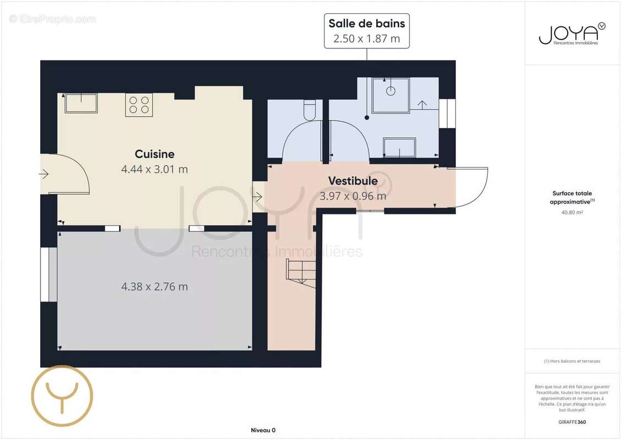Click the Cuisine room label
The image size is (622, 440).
(x=155, y=154)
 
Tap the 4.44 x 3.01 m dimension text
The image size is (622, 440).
(x=155, y=169)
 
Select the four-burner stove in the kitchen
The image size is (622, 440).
(x=139, y=105)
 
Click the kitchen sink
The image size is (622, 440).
(x=81, y=103)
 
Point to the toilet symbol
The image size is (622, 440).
(x=310, y=109)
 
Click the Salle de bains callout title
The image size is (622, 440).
(x=367, y=24)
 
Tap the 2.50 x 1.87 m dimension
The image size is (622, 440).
(x=367, y=38)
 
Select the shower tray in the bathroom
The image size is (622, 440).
(x=390, y=95)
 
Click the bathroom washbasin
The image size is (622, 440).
(x=399, y=147)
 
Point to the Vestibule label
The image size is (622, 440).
(x=353, y=181)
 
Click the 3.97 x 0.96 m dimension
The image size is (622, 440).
(x=353, y=196)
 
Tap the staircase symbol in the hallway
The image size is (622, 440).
(x=301, y=273)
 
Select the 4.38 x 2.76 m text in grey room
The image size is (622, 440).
(x=155, y=287)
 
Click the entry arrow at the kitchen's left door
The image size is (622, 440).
(x=43, y=174)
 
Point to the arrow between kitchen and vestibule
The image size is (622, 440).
(x=257, y=196)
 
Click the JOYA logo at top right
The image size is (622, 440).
(x=571, y=34)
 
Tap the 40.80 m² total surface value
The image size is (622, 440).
(x=571, y=213)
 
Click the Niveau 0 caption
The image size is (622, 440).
(x=263, y=430)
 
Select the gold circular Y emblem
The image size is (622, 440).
(x=62, y=396)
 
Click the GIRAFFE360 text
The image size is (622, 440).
(x=571, y=422)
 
